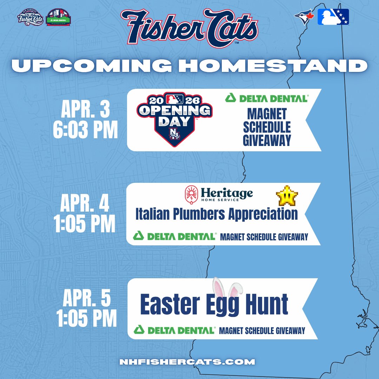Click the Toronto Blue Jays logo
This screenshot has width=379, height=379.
(x=302, y=17)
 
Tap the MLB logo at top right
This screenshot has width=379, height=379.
(x=333, y=17)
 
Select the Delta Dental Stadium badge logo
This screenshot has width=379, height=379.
(x=58, y=18)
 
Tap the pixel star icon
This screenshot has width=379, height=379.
(x=287, y=195)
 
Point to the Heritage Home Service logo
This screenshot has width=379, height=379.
(x=219, y=194)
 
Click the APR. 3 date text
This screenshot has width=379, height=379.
(x=86, y=110)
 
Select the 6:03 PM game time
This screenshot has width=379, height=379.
(x=85, y=131)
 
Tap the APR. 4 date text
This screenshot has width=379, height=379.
(x=85, y=204)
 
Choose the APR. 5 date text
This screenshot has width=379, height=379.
(x=87, y=299)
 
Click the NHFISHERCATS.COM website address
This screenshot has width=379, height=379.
(x=187, y=362)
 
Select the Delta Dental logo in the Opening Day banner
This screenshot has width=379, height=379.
(x=267, y=98)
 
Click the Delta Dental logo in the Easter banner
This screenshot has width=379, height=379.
(x=174, y=330)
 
